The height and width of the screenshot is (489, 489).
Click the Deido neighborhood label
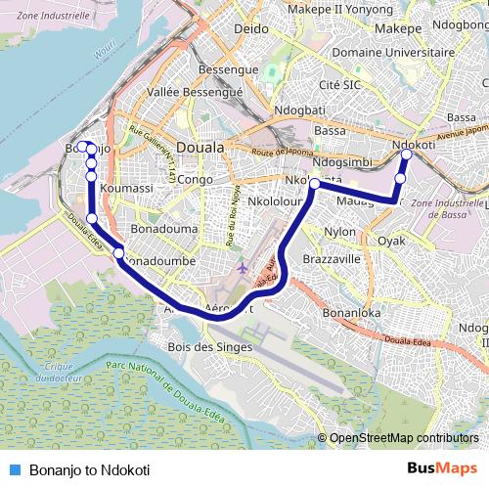(x=251, y=29)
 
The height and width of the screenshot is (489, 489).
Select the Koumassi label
(x=126, y=188)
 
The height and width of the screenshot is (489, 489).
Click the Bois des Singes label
(x=210, y=347)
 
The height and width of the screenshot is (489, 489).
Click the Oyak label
(x=391, y=240)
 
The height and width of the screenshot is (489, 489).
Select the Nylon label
(x=340, y=232)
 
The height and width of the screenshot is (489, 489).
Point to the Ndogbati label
(x=300, y=110)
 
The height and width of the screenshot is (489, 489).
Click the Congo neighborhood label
(x=196, y=180)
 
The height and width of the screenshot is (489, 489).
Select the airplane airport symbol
(x=243, y=267)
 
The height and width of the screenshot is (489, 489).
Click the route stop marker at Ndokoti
(x=407, y=155)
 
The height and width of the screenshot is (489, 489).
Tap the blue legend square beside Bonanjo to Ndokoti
(x=15, y=469)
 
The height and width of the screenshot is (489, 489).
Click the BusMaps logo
(x=442, y=468)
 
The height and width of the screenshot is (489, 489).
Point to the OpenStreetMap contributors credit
(x=402, y=438)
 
